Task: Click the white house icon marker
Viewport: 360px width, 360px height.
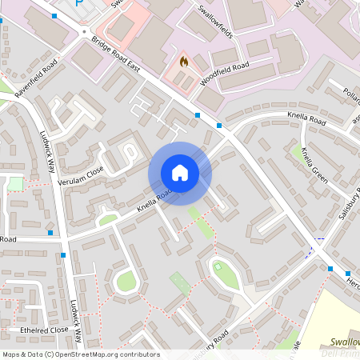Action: pos(180,173)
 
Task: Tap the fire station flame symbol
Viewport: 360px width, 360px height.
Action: pos(183,61)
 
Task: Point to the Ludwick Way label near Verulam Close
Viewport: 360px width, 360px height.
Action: pos(49,152)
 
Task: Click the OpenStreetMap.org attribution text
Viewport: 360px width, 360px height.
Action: pos(107,354)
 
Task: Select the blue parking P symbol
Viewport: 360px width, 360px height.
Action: pos(78,4)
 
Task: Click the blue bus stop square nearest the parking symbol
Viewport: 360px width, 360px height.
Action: pos(54,15)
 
